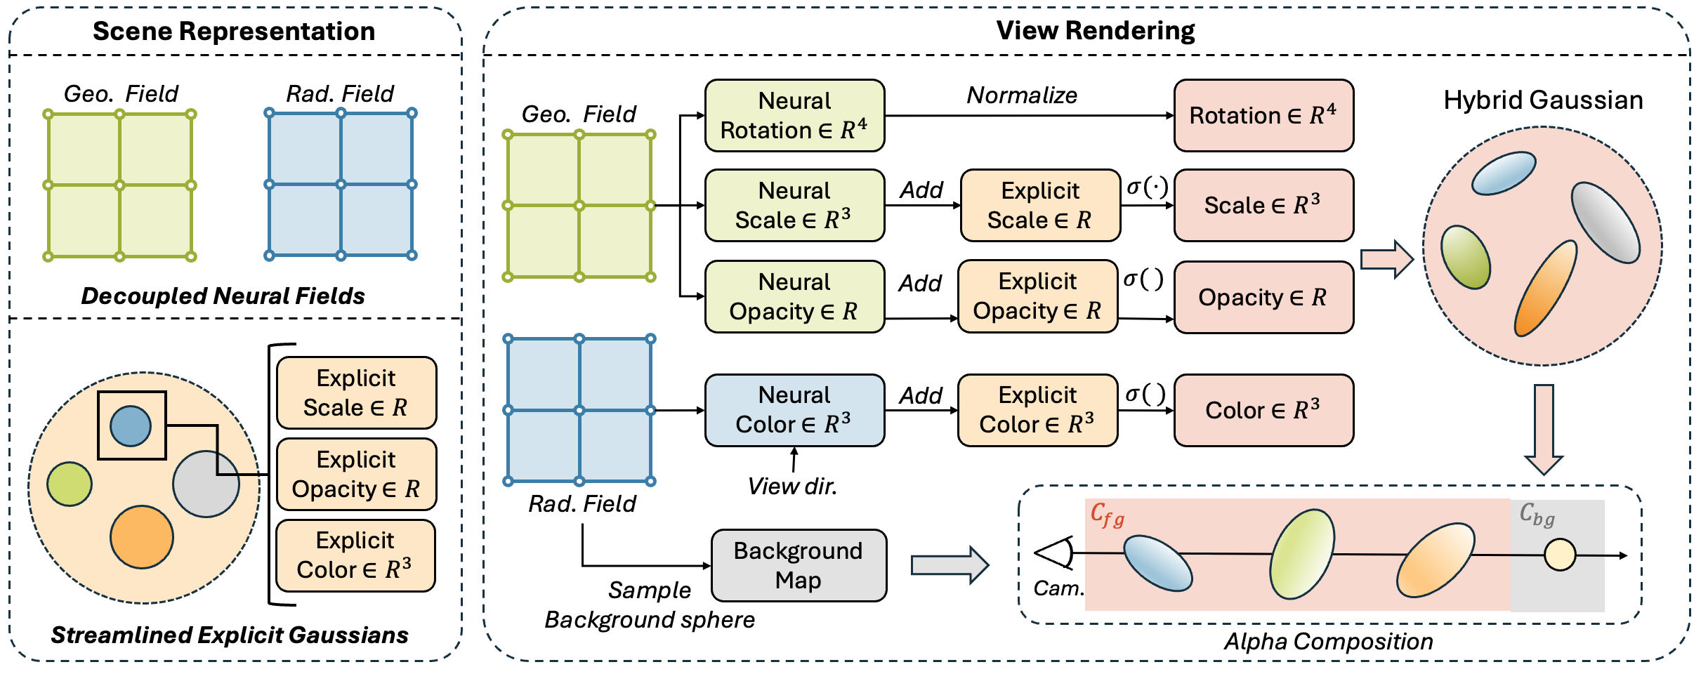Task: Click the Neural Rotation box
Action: tap(794, 116)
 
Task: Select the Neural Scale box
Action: tap(794, 206)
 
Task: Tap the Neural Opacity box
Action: tap(794, 296)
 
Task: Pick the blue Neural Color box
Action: tap(794, 410)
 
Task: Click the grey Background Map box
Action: tap(799, 566)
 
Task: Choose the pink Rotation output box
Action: tap(1263, 116)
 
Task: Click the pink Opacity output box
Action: tap(1263, 297)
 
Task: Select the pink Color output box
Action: tap(1263, 410)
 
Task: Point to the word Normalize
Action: tap(1022, 95)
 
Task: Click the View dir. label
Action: tap(792, 487)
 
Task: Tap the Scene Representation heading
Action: tap(234, 32)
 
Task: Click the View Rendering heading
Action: tap(1096, 31)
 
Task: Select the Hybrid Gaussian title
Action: tap(1543, 100)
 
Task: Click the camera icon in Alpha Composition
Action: tap(1055, 553)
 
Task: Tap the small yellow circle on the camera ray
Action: tap(1560, 555)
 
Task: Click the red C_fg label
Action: tap(1108, 515)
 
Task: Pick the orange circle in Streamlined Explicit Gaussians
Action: tap(142, 537)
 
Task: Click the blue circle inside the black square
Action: tap(131, 426)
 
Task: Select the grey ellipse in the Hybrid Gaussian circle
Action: tap(1605, 222)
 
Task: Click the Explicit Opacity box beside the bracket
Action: tap(356, 475)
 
